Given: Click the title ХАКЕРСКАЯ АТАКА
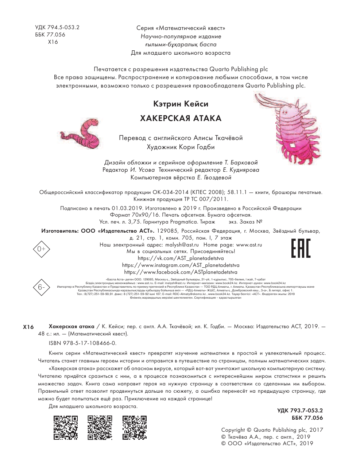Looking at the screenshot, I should pyautogui.click(x=181, y=118).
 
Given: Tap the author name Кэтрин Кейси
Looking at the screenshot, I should pyautogui.click(x=181, y=104).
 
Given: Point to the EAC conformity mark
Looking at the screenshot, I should pyautogui.click(x=301, y=248).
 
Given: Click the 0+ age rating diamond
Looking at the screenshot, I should pyautogui.click(x=41, y=249).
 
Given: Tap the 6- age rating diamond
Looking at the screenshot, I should pyautogui.click(x=42, y=287).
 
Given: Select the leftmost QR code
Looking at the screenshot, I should pyautogui.click(x=66, y=427).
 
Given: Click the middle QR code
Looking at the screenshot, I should pyautogui.click(x=100, y=427).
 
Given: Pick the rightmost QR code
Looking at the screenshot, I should pyautogui.click(x=134, y=427).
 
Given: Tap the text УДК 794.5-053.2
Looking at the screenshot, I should pyautogui.click(x=57, y=27).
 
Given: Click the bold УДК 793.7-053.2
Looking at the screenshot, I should pyautogui.click(x=300, y=411).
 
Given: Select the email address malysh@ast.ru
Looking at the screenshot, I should pyautogui.click(x=182, y=245).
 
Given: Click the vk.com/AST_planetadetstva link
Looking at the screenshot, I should pyautogui.click(x=181, y=258).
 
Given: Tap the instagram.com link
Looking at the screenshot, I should pyautogui.click(x=181, y=265).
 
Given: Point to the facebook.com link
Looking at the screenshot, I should pyautogui.click(x=181, y=272).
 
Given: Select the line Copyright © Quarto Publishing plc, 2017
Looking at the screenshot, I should pyautogui.click(x=272, y=430).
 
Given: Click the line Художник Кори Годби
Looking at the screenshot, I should pyautogui.click(x=181, y=147).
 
